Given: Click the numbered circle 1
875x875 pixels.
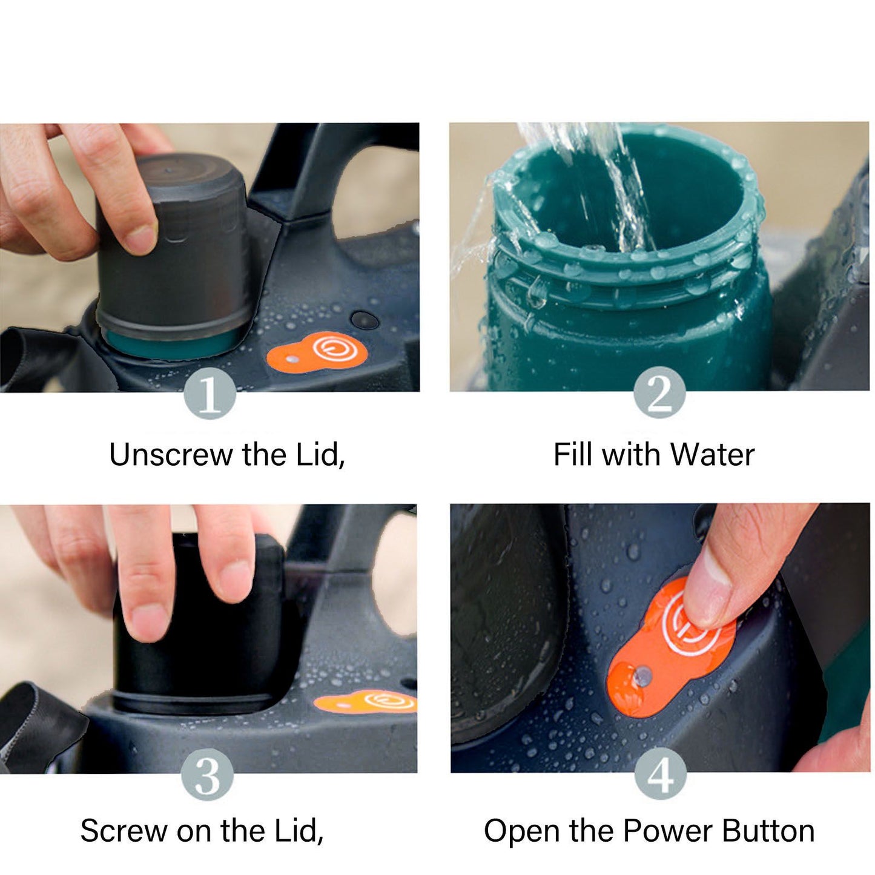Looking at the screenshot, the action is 210,394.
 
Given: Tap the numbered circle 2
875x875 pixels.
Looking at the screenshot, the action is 659,392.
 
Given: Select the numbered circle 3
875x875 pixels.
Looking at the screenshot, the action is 208,774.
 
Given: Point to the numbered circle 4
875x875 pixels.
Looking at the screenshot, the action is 660,773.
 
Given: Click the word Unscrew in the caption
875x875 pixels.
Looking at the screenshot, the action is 171,454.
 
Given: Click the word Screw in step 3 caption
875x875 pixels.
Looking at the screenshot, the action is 124,831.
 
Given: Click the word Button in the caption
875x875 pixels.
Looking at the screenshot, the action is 768,831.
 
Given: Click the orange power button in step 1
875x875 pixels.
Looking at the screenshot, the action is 317,351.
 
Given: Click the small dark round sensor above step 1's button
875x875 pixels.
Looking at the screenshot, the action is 365,320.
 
